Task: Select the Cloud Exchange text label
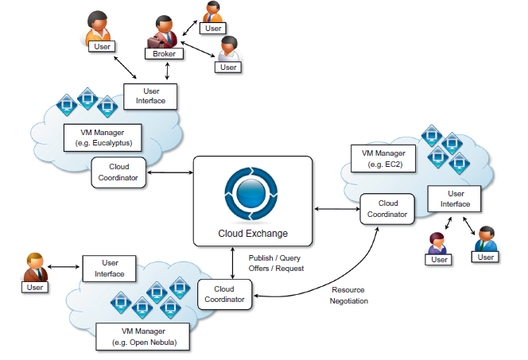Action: coord(252,234)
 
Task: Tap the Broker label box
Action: coord(165,54)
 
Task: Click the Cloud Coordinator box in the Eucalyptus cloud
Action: coord(118,172)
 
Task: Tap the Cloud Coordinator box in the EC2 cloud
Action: coord(387,208)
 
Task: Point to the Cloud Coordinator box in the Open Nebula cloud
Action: coord(225,295)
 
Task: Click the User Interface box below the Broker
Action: coord(151,96)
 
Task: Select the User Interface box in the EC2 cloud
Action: coord(456,199)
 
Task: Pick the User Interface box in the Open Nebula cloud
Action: coord(111,268)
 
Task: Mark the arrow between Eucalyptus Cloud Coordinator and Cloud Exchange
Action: coord(171,172)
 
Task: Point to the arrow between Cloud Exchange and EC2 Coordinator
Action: coord(336,209)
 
